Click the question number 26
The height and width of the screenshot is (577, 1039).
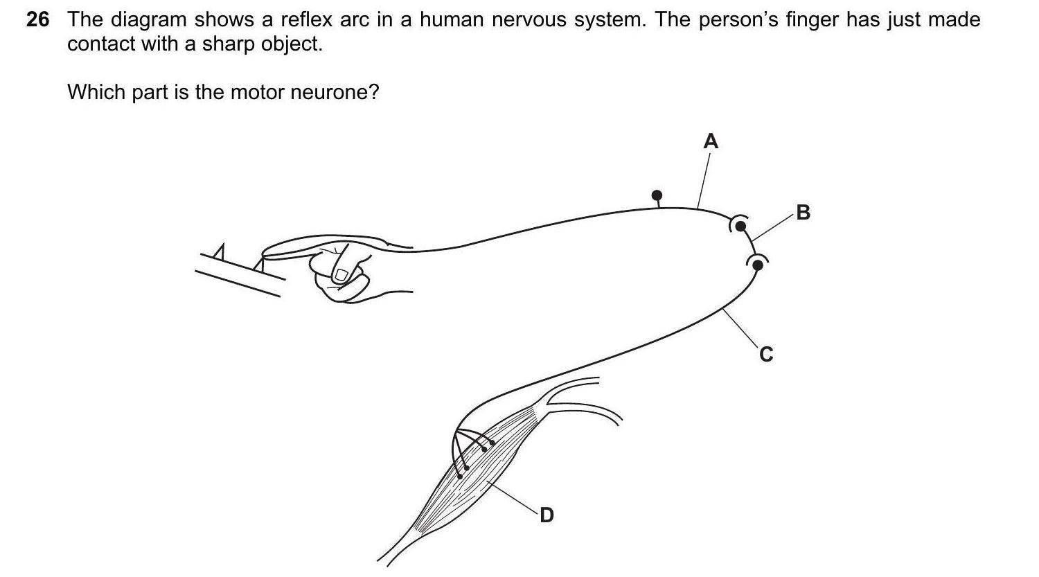38,20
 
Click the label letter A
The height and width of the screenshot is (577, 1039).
711,141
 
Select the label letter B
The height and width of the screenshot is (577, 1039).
803,212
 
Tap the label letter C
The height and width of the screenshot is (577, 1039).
765,355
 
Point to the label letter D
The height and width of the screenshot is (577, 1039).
547,515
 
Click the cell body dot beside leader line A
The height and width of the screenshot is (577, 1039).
657,196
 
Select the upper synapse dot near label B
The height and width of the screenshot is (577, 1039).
740,225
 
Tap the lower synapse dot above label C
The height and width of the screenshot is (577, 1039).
757,264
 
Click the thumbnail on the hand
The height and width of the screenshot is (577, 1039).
341,274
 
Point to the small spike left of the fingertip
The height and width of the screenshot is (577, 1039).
220,253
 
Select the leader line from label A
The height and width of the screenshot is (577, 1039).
703,180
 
